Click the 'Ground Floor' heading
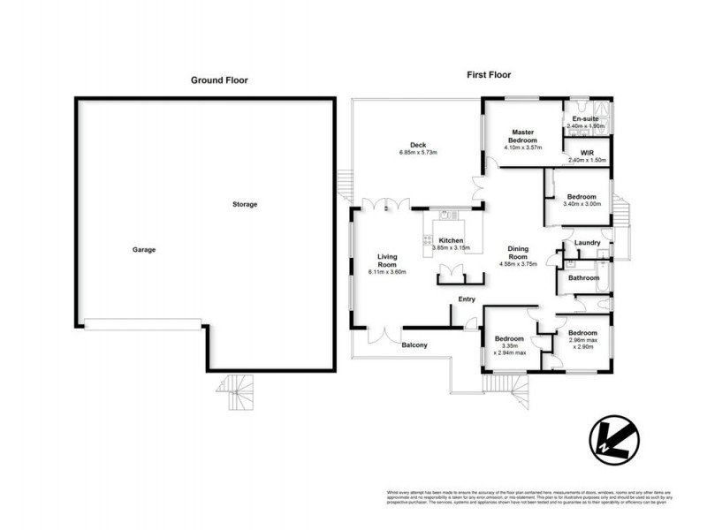pyautogui.click(x=219, y=80)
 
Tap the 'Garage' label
pyautogui.click(x=144, y=250)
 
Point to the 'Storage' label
pyautogui.click(x=245, y=204)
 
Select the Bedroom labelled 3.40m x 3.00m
pyautogui.click(x=582, y=197)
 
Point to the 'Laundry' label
pyautogui.click(x=587, y=243)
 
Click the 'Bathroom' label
pyautogui.click(x=583, y=277)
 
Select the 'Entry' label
pyautogui.click(x=467, y=299)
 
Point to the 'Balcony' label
pyautogui.click(x=414, y=344)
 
